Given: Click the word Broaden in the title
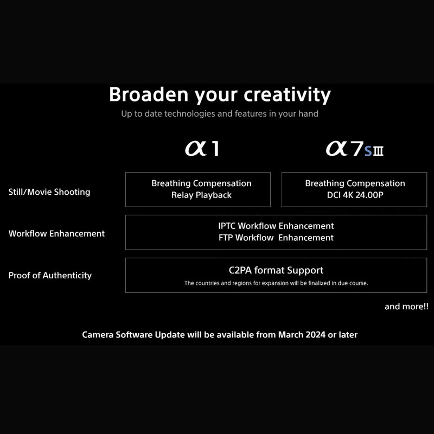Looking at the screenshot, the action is point(149,94).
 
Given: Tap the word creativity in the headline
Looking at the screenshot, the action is point(288,95).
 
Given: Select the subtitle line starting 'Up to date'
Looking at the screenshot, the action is point(220,114).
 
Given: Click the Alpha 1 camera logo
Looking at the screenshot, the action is point(202,149).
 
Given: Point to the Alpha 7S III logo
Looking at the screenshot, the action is point(355,149).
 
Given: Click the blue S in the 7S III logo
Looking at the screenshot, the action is point(368,151).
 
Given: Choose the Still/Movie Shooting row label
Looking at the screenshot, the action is point(49,192).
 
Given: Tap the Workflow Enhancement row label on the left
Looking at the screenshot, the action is point(56,234).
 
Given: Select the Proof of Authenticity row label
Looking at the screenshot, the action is point(50,276).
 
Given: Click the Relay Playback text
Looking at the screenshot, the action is point(201,195).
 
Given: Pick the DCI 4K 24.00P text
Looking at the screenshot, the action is point(355,195).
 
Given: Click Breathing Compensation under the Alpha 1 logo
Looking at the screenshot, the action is point(201,183).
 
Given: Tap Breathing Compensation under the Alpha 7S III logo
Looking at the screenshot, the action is point(355,183).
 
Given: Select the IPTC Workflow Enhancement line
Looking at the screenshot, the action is point(276,226).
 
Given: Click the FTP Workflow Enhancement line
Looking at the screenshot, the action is point(276,238).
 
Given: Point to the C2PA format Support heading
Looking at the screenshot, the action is point(276,270).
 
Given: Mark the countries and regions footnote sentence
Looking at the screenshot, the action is point(276,283).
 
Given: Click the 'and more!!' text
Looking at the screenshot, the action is point(406,307).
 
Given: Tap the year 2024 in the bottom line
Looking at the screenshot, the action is point(316,335).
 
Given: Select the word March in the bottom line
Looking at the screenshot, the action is point(291,335).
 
